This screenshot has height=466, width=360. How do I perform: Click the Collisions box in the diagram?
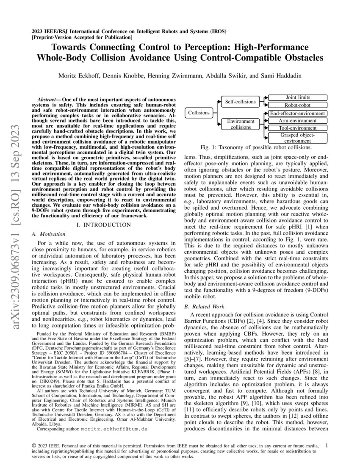199,113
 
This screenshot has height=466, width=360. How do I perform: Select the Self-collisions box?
240,102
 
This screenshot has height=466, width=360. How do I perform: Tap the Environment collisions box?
240,124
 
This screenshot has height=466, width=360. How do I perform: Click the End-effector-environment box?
297,113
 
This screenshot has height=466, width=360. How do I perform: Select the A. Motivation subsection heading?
49,234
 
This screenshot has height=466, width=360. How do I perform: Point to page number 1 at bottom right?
326,445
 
